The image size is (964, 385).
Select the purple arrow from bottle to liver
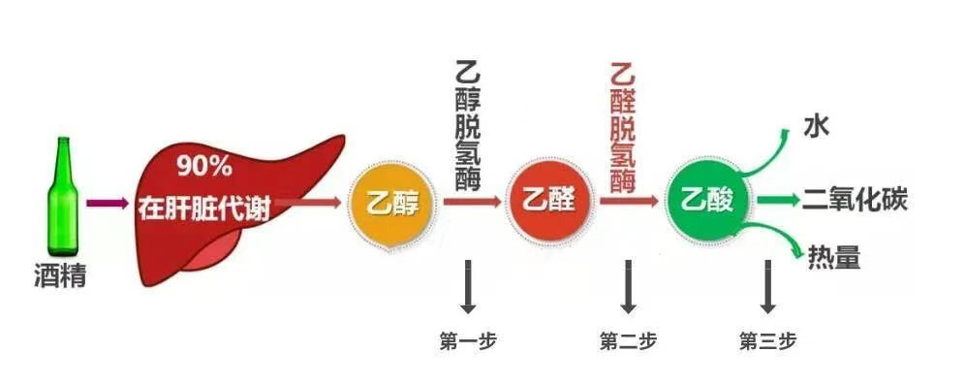(108, 204)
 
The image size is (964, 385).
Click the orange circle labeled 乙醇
(392, 204)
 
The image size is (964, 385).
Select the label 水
(815, 127)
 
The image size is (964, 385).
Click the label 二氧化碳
(854, 201)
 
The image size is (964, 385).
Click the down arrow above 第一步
(468, 286)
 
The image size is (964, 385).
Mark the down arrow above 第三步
(768, 286)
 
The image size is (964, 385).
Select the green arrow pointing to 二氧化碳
(778, 201)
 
